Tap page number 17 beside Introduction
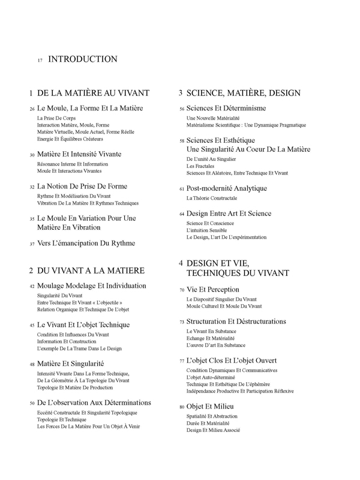(x=40, y=61)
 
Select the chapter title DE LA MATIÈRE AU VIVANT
(x=93, y=93)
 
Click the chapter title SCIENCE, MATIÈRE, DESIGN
(x=243, y=93)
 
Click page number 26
(x=32, y=110)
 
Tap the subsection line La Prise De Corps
(x=52, y=119)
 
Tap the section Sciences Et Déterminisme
(x=226, y=108)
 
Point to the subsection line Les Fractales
(x=200, y=166)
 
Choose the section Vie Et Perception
(x=212, y=289)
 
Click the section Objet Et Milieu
(x=210, y=407)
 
